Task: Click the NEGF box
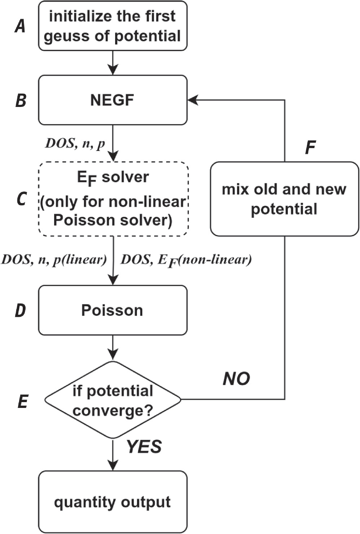point(113,100)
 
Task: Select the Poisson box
point(113,310)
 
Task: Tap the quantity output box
point(113,502)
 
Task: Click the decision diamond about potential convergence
point(113,400)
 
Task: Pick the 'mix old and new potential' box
point(285,199)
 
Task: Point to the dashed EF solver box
point(113,199)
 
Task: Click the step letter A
point(20,26)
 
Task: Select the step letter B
point(21,101)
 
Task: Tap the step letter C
point(21,199)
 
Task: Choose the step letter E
point(22,401)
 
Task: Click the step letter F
point(310,147)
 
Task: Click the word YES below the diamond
point(144,447)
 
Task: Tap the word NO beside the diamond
point(237,379)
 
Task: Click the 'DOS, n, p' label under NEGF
point(75,143)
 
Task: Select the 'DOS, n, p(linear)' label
point(54,259)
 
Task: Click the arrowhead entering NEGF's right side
point(193,100)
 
